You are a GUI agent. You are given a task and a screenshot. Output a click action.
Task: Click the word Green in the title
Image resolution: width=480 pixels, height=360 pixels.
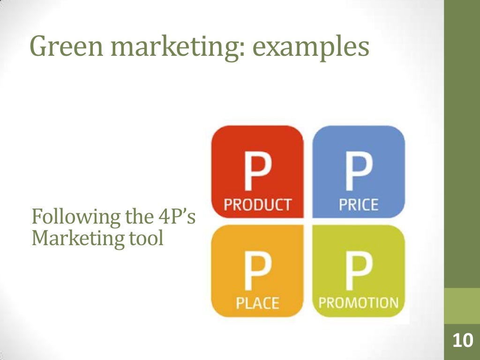62,47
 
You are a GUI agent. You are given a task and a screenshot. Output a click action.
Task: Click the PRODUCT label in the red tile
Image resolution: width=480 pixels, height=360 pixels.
257,205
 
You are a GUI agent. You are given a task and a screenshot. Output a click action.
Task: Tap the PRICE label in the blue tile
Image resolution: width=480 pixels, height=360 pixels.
359,205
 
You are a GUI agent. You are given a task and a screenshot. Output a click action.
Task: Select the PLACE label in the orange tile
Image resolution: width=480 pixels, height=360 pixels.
257,303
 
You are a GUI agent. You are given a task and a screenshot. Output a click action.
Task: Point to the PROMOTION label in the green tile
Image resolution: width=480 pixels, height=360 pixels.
359,303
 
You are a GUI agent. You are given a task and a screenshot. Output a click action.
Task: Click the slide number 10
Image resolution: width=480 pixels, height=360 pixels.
462,341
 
